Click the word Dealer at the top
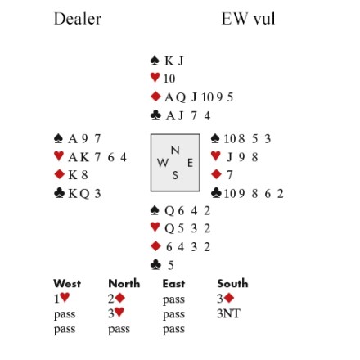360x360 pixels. click(78, 19)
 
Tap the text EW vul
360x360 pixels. click(248, 19)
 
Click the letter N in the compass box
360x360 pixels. click(175, 150)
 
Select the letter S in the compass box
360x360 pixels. click(175, 175)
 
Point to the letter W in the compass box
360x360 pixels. click(163, 163)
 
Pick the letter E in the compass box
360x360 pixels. click(190, 163)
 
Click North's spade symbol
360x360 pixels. click(155, 61)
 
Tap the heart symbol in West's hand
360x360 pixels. click(59, 156)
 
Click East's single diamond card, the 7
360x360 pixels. click(230, 175)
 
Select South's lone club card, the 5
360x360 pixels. click(171, 265)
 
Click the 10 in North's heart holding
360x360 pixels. click(169, 79)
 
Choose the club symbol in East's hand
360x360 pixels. click(216, 193)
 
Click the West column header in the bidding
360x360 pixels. click(67, 284)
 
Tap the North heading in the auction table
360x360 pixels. click(124, 284)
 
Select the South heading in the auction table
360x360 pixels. click(232, 284)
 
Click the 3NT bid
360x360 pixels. click(228, 313)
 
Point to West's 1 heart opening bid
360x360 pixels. click(61, 299)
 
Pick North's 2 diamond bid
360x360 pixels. click(116, 299)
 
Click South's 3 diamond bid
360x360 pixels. click(226, 299)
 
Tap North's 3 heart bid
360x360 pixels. click(116, 313)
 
